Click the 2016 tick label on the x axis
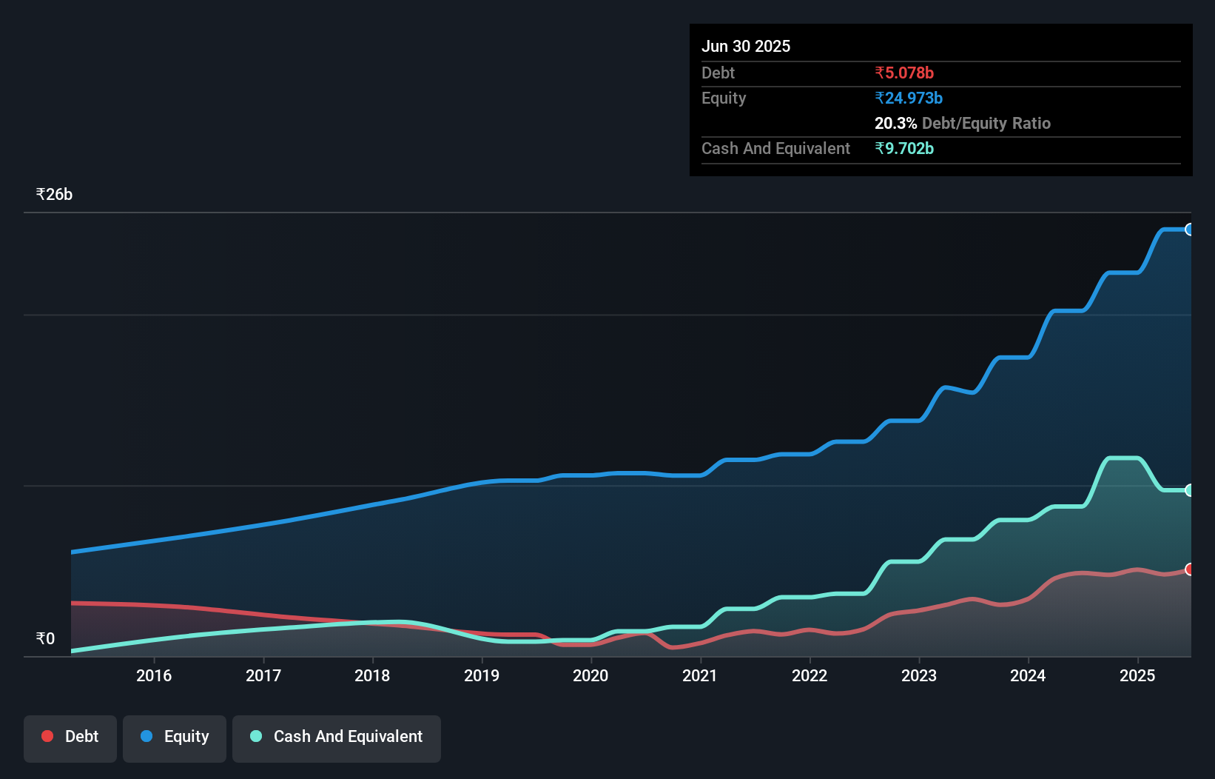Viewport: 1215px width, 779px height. point(154,675)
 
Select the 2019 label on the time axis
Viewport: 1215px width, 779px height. point(482,675)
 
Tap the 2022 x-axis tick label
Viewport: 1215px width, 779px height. point(810,675)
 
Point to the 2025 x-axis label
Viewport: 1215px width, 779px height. point(1137,675)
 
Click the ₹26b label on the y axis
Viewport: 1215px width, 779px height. point(54,195)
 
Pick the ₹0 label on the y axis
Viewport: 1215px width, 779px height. point(45,639)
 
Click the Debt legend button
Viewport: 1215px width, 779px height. point(70,737)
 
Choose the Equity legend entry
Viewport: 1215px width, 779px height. point(175,737)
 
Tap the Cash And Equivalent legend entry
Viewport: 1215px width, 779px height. point(337,737)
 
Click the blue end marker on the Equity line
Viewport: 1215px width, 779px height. point(1189,230)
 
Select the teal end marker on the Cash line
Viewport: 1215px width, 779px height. point(1189,490)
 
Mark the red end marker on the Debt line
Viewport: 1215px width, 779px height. point(1189,569)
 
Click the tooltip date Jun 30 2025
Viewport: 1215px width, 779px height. point(746,47)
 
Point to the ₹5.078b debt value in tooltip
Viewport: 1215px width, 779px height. point(904,73)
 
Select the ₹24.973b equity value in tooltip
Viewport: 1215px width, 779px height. point(909,98)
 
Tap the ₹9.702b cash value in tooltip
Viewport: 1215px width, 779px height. point(904,149)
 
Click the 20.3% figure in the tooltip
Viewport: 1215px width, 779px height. point(895,124)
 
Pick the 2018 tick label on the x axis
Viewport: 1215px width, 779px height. point(372,675)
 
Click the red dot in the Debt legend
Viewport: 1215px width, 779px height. point(47,736)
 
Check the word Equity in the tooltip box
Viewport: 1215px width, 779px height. point(724,98)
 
